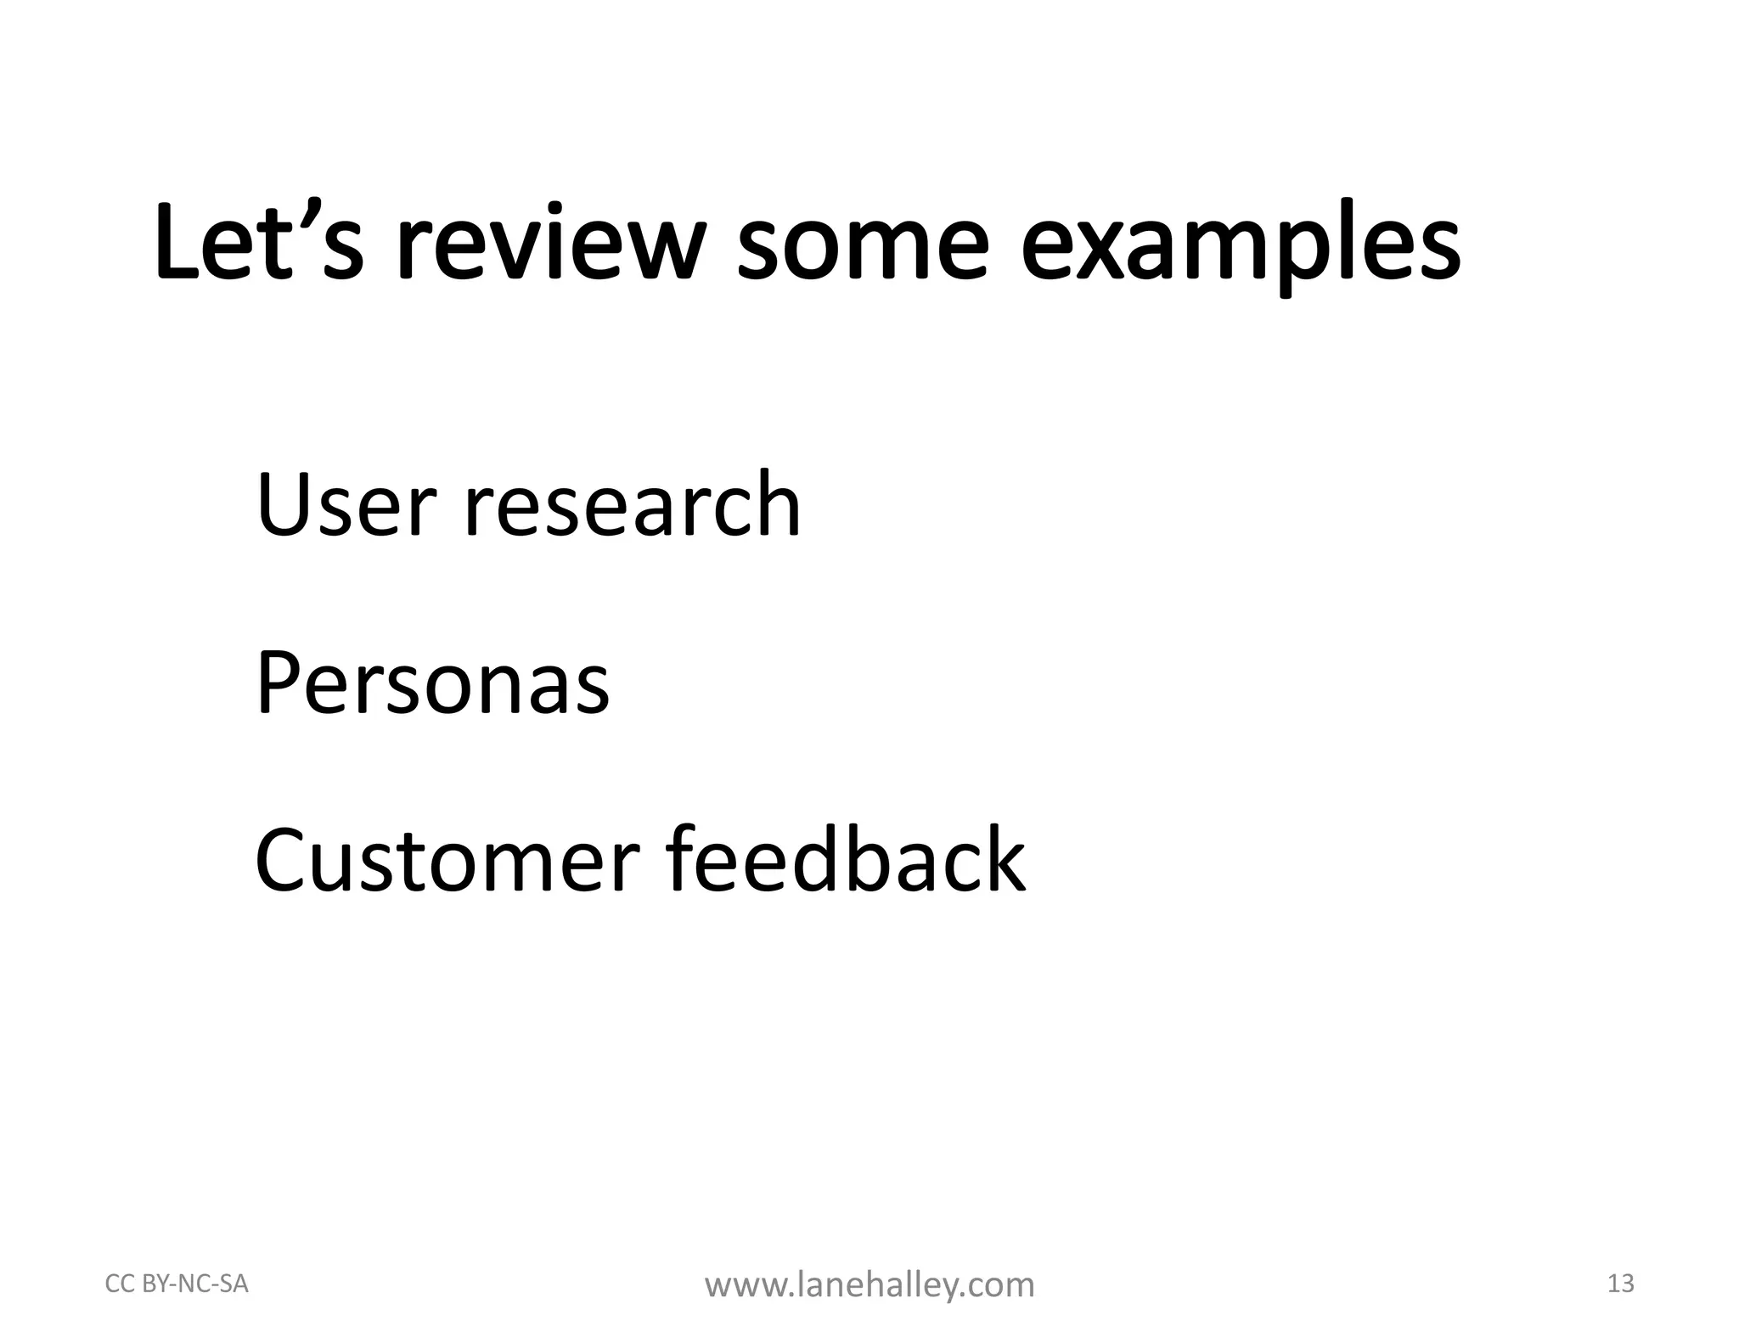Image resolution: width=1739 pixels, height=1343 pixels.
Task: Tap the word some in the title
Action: pos(863,246)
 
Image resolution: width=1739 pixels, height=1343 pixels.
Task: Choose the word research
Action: pos(633,505)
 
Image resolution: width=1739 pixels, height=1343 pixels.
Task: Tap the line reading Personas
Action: pos(432,683)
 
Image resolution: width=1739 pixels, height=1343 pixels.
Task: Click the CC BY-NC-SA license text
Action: pos(177,1284)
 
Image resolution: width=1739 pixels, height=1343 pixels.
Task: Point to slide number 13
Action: pos(1620,1284)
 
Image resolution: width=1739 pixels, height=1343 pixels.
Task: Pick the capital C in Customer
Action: pos(284,861)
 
